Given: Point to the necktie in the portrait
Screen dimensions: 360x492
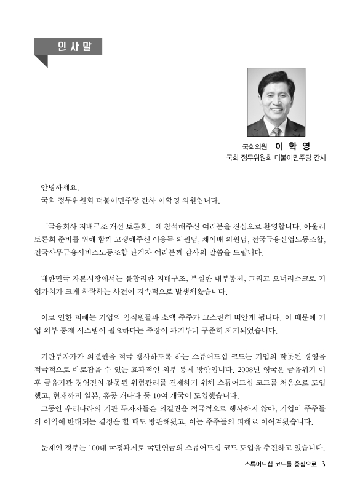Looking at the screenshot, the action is click(276, 130).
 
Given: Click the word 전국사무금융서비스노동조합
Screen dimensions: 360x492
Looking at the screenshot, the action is click(77, 252).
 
